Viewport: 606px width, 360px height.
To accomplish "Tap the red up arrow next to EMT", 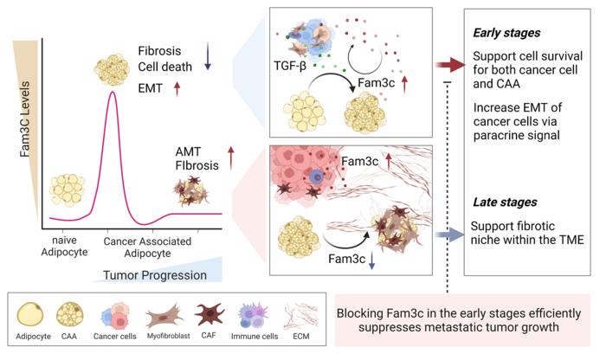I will point(177,87).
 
